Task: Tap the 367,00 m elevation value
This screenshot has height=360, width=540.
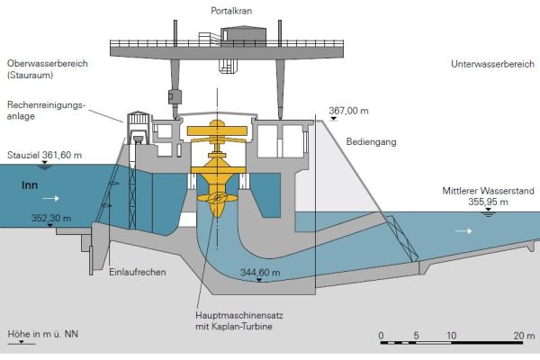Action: [x=349, y=110]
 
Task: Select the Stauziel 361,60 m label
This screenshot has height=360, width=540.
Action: [x=44, y=155]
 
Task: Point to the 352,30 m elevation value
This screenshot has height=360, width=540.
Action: [x=51, y=218]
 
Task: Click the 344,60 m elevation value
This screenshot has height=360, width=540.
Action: [x=260, y=270]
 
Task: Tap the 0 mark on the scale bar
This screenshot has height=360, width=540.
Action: [x=382, y=335]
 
